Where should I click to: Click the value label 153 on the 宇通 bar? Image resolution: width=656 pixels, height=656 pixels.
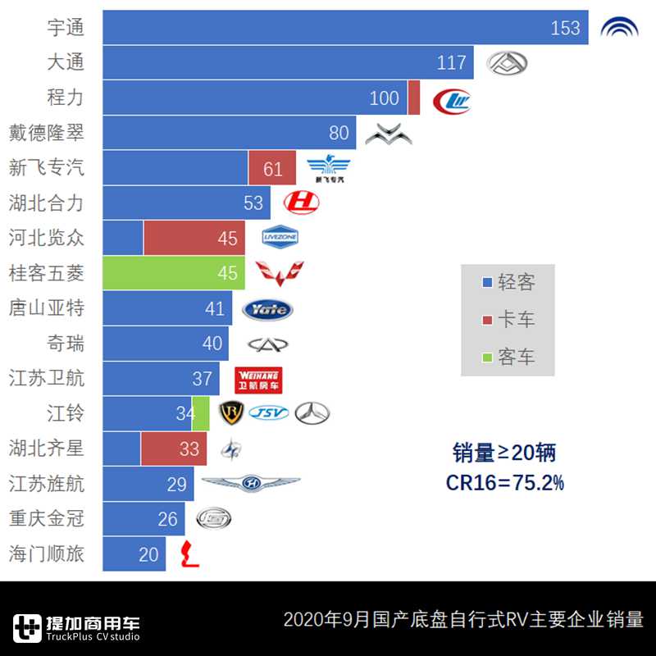pyautogui.click(x=565, y=28)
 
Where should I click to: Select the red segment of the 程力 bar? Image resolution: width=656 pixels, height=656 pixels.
pyautogui.click(x=413, y=98)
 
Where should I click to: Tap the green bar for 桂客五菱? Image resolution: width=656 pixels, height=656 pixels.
pyautogui.click(x=173, y=273)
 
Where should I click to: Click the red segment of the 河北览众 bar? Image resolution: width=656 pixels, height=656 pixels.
pyautogui.click(x=194, y=239)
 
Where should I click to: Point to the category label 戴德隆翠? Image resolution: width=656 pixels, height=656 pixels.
pyautogui.click(x=46, y=133)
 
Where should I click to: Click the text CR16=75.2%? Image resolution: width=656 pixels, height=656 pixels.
pyautogui.click(x=504, y=483)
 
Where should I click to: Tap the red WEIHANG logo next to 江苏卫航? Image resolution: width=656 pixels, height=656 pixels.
pyautogui.click(x=258, y=380)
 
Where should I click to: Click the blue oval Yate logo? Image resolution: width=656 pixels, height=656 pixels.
pyautogui.click(x=267, y=309)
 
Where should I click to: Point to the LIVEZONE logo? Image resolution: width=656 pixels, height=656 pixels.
pyautogui.click(x=280, y=239)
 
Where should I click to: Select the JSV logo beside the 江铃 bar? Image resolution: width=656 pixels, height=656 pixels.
pyautogui.click(x=268, y=413)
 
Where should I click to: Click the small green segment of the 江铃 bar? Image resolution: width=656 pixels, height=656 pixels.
pyautogui.click(x=201, y=413)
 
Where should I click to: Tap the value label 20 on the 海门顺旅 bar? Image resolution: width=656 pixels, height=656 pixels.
pyautogui.click(x=148, y=554)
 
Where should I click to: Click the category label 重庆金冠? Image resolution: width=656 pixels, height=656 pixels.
pyautogui.click(x=46, y=519)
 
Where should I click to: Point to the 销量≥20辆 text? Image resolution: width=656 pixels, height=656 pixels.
pyautogui.click(x=504, y=452)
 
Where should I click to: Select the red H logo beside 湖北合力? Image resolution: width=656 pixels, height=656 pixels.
pyautogui.click(x=301, y=203)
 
